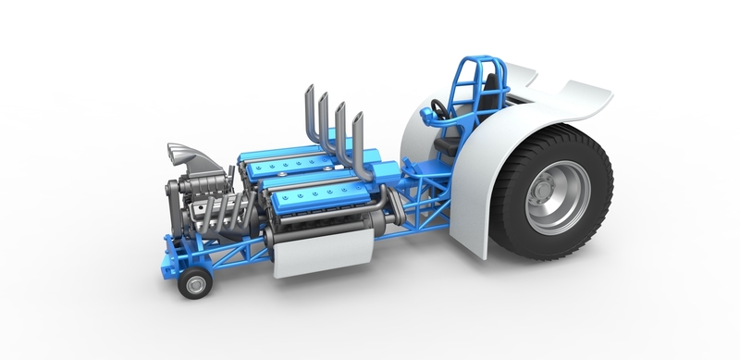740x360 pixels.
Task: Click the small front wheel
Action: click(194, 282)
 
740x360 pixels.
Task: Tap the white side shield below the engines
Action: click(324, 252)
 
